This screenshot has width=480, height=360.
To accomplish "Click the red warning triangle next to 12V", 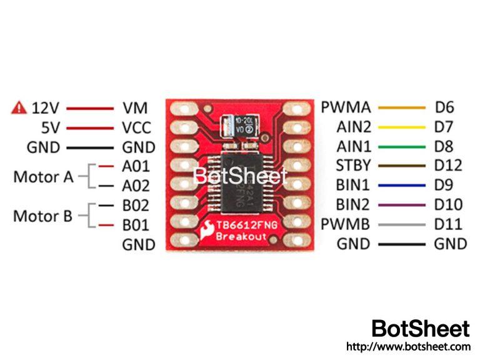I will (19, 108).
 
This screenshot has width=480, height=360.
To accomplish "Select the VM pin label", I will (136, 108).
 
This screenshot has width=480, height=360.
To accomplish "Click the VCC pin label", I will (137, 128).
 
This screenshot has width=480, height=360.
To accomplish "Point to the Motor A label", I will (42, 177).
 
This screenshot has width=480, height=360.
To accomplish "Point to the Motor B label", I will (42, 216).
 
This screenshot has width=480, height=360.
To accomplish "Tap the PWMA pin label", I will (346, 107).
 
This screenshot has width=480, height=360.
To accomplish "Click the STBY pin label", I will (353, 166).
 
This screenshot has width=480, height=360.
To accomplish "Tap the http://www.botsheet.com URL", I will (407, 346).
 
